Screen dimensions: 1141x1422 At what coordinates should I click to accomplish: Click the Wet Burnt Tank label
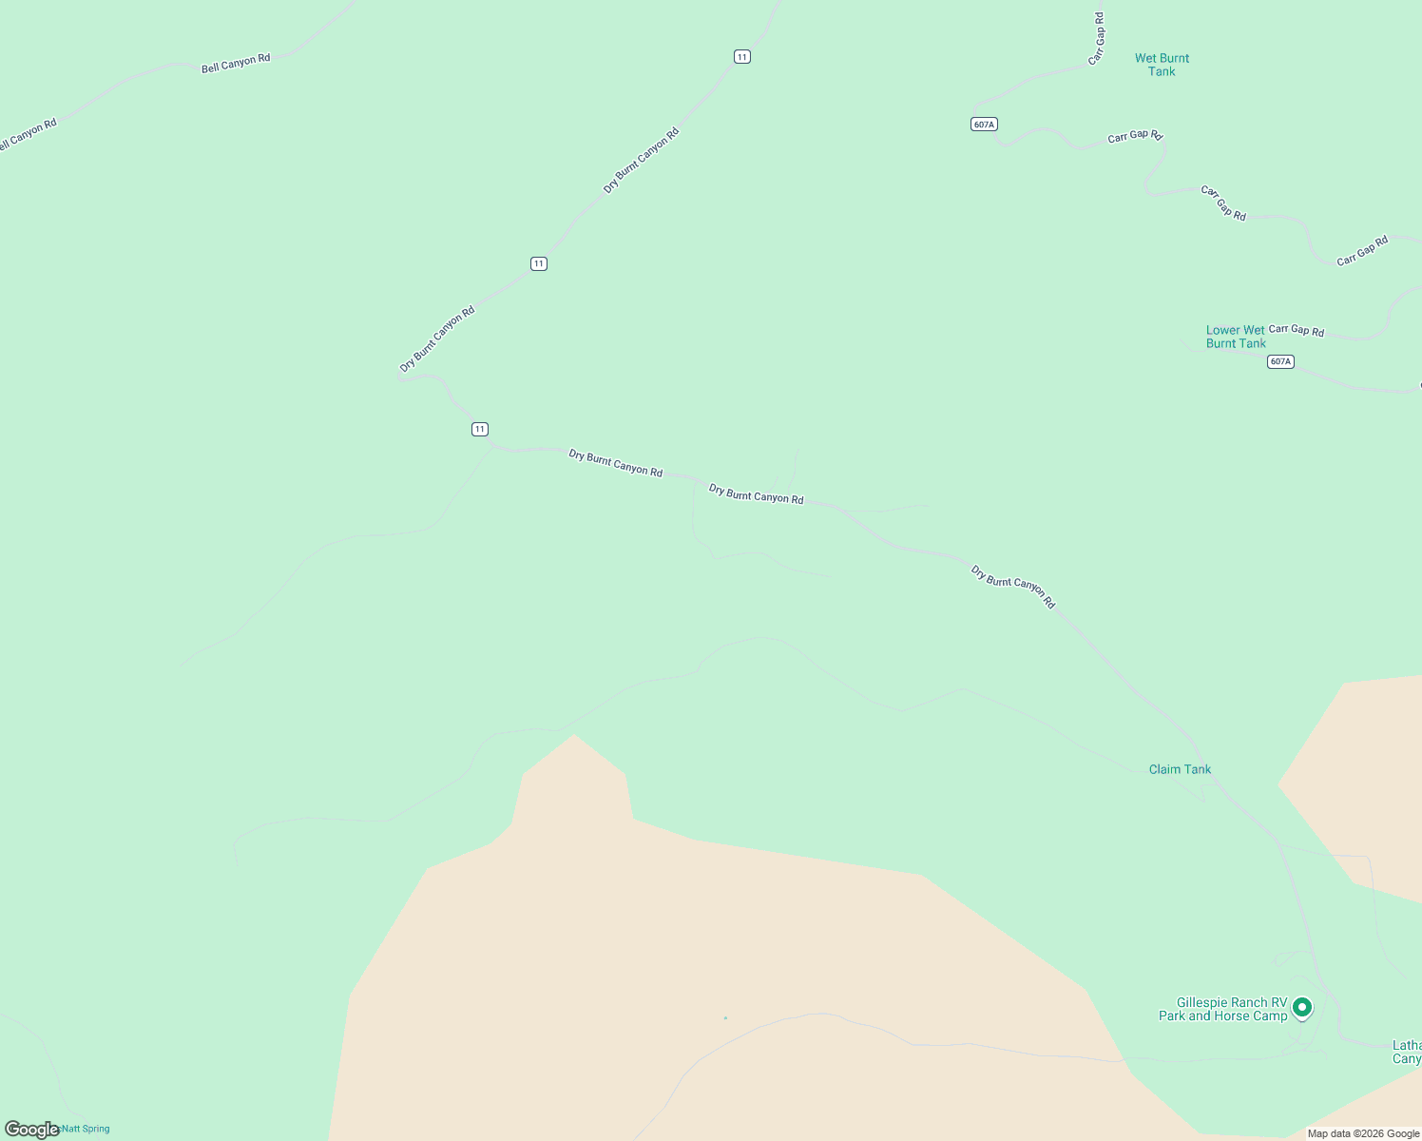[x=1162, y=65]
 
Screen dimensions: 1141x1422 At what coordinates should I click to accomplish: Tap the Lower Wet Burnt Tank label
[x=1236, y=338]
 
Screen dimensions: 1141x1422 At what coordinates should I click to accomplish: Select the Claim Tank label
[x=1180, y=769]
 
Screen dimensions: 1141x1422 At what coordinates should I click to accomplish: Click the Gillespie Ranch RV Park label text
[x=1223, y=1010]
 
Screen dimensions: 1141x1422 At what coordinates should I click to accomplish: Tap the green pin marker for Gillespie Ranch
[x=1302, y=1007]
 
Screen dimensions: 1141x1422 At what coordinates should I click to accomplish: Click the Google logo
[x=31, y=1130]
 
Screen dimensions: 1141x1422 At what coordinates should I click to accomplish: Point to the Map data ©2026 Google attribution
[x=1363, y=1133]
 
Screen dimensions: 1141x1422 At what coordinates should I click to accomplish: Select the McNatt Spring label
[x=84, y=1129]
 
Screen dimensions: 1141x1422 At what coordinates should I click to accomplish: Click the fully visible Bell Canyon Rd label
[x=236, y=64]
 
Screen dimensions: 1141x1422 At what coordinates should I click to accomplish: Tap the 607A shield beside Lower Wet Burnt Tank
[x=1280, y=361]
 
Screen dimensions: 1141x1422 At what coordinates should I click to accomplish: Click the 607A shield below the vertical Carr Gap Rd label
[x=984, y=125]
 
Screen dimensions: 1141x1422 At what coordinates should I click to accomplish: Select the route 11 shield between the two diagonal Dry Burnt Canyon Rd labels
[x=539, y=263]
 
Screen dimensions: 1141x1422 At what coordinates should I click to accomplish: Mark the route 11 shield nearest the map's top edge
[x=742, y=57]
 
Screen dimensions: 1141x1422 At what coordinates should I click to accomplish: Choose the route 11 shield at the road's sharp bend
[x=480, y=429]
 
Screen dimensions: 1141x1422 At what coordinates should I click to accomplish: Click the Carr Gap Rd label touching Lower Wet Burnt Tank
[x=1297, y=330]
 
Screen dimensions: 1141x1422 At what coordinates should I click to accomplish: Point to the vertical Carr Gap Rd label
[x=1099, y=39]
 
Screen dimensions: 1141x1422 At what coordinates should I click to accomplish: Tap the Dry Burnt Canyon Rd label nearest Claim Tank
[x=1012, y=587]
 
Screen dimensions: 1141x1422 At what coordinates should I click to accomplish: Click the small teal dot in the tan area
[x=725, y=1017]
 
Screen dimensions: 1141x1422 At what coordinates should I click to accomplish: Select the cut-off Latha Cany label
[x=1407, y=1053]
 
